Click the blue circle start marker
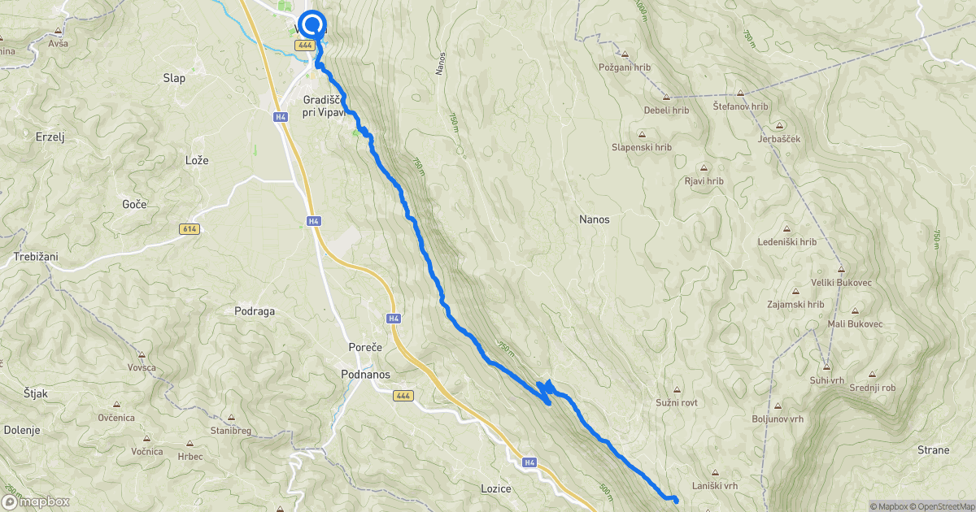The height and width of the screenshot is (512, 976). [312, 23]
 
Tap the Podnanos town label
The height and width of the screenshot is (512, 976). [365, 375]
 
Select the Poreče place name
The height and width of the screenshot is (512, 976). [365, 347]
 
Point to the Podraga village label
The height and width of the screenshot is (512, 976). [254, 310]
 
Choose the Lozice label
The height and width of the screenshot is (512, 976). [495, 488]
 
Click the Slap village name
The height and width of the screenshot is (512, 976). [174, 78]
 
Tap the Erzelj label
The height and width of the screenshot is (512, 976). [50, 137]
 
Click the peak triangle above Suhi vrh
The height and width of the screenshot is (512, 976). [826, 366]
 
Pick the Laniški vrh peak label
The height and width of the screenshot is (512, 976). [715, 486]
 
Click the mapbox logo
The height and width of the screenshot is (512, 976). [36, 501]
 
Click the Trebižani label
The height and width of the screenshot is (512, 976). [36, 257]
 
